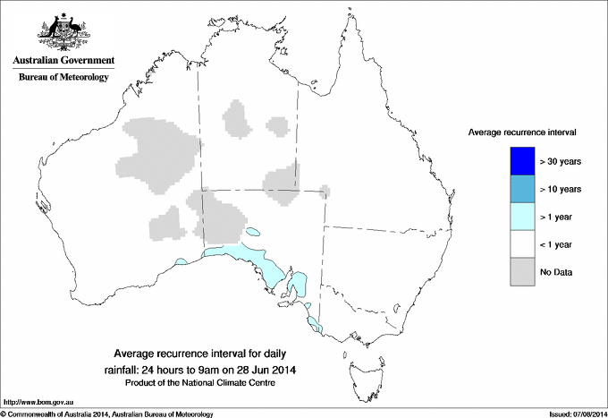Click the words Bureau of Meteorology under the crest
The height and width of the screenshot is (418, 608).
coord(63,78)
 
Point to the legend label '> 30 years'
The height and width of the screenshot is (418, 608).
coord(561,161)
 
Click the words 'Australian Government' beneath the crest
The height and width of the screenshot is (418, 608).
coord(63,61)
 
